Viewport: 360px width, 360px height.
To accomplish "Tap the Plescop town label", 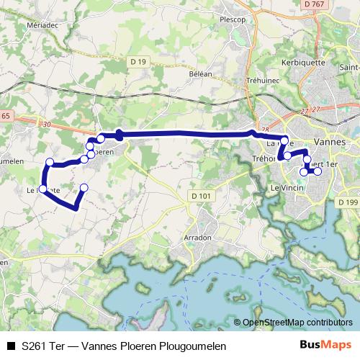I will click(x=234, y=19).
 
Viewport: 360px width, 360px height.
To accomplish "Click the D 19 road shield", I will click(x=139, y=63).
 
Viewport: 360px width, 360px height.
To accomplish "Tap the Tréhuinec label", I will click(x=262, y=81).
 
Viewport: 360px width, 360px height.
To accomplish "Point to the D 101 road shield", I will click(x=202, y=194).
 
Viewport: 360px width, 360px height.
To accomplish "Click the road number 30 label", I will click(x=47, y=125).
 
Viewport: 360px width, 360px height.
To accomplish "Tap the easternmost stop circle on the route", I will click(x=318, y=171).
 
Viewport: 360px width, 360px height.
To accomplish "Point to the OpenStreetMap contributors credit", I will click(x=297, y=323).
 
